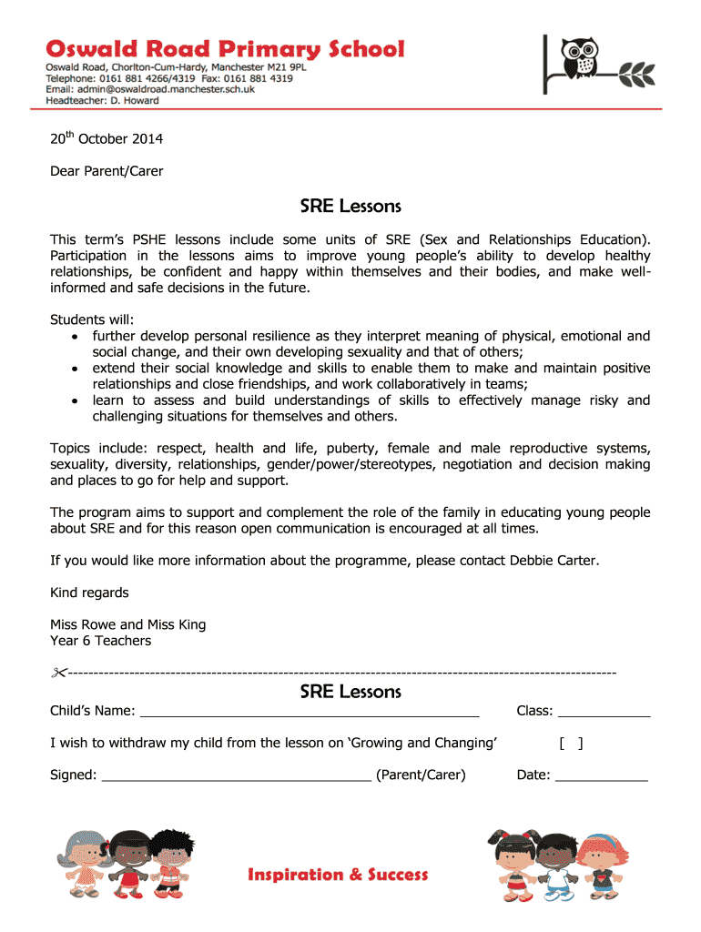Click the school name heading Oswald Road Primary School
point(226,49)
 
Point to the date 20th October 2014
point(107,139)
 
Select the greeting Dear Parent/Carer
point(107,170)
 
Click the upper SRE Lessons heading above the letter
point(350,207)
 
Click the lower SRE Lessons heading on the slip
point(350,692)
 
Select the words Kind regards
point(89,593)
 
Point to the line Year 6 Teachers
point(100,641)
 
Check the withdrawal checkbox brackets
point(571,744)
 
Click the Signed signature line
point(237,776)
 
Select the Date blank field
point(601,776)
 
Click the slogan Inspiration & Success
point(338,875)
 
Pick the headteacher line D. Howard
point(103,100)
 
